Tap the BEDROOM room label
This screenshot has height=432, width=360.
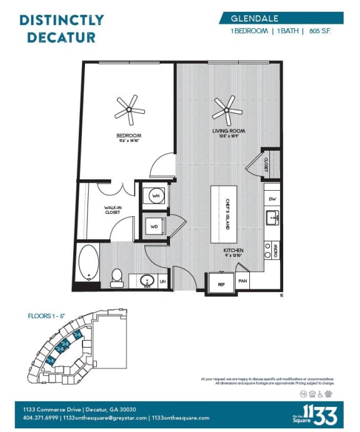pyautogui.click(x=128, y=136)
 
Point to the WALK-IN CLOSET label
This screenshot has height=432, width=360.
pyautogui.click(x=113, y=210)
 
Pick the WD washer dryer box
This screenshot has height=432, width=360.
pyautogui.click(x=154, y=226)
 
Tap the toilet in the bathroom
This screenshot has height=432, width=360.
pyautogui.click(x=116, y=276)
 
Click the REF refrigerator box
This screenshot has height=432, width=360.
pyautogui.click(x=221, y=283)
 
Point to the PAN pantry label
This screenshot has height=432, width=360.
pyautogui.click(x=244, y=281)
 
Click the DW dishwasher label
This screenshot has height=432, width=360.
pyautogui.click(x=272, y=199)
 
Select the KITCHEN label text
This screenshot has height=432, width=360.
pyautogui.click(x=234, y=251)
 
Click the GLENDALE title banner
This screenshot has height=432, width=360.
pyautogui.click(x=281, y=18)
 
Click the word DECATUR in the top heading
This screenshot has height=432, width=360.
pyautogui.click(x=57, y=37)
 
